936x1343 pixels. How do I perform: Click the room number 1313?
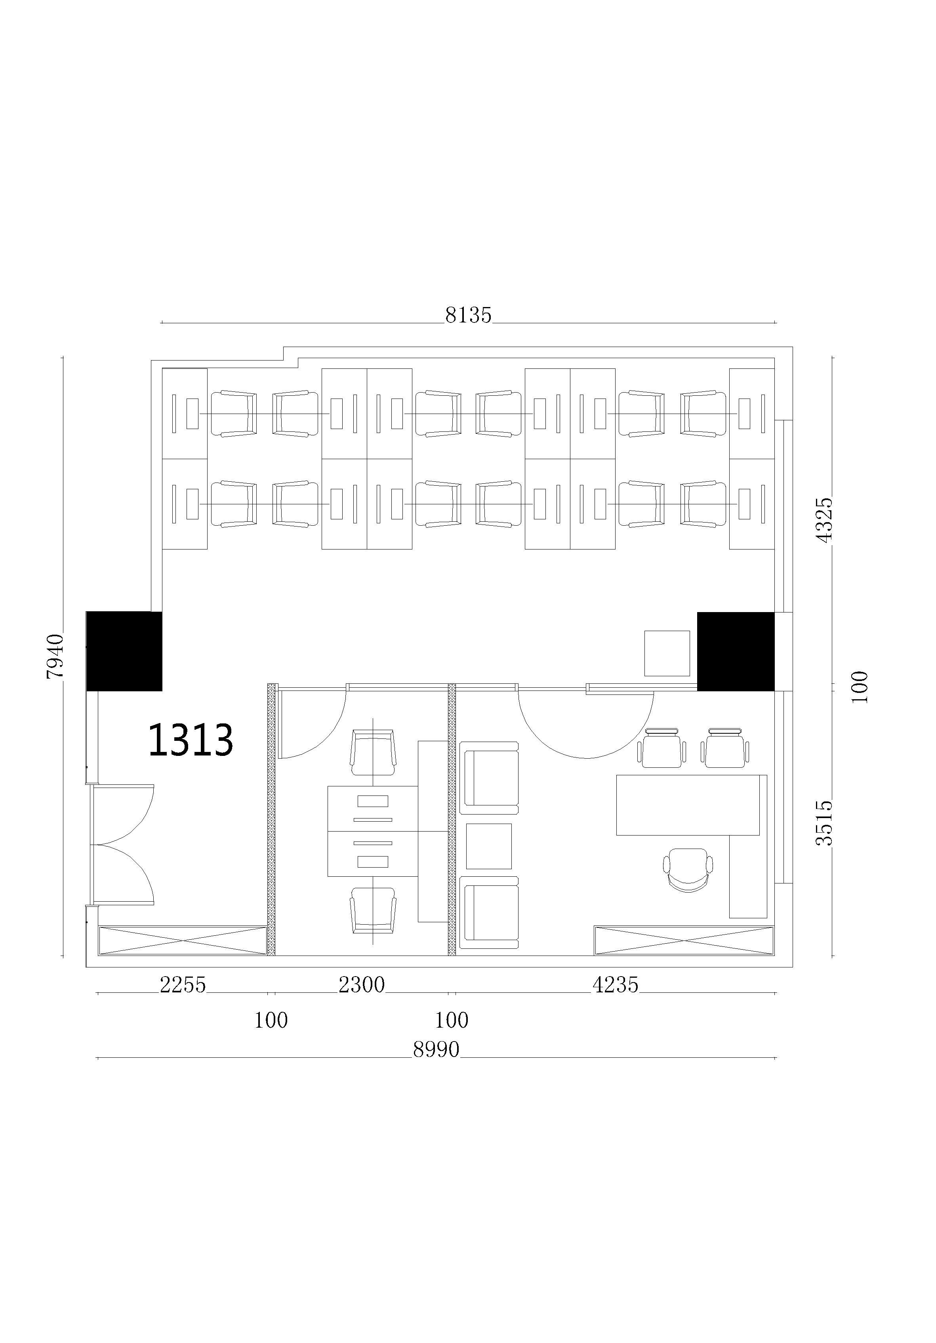pos(191,740)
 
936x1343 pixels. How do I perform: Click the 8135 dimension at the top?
pos(468,315)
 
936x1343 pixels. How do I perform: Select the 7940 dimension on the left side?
pos(55,656)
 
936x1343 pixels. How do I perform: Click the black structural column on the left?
pos(124,651)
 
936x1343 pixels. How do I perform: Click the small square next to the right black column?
pos(667,653)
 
